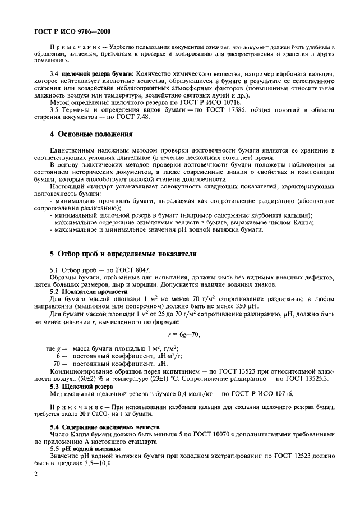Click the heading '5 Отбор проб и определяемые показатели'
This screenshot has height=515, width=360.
point(123,254)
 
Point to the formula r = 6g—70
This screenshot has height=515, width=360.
point(180,335)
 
